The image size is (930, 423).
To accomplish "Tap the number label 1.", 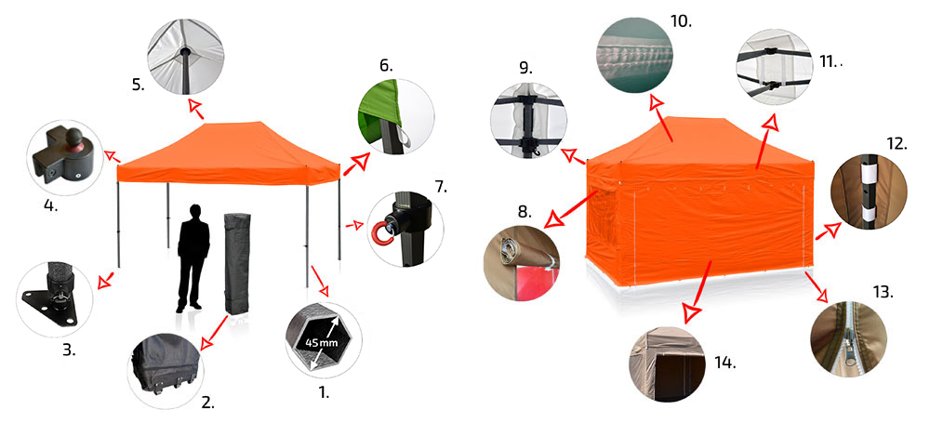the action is coord(324,392).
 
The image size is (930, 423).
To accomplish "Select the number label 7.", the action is coord(440,187).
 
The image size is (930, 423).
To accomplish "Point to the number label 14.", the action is coord(726,362).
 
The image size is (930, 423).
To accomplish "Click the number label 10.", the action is coord(681,21).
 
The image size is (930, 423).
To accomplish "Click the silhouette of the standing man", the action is coord(193,258).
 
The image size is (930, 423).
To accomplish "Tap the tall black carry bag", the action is coord(236,264).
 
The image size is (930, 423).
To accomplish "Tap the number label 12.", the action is coord(897,144).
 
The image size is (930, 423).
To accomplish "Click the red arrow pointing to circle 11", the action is coord(765,142).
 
